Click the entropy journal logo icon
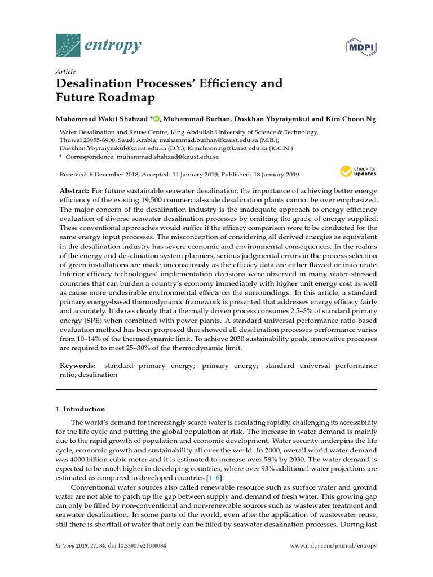[x=68, y=45]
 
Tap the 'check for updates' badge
[x=358, y=171]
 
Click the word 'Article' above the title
[x=65, y=72]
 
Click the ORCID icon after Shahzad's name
[x=156, y=119]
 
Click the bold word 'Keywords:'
[x=78, y=366]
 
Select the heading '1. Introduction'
[x=83, y=409]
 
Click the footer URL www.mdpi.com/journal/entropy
[x=333, y=546]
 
